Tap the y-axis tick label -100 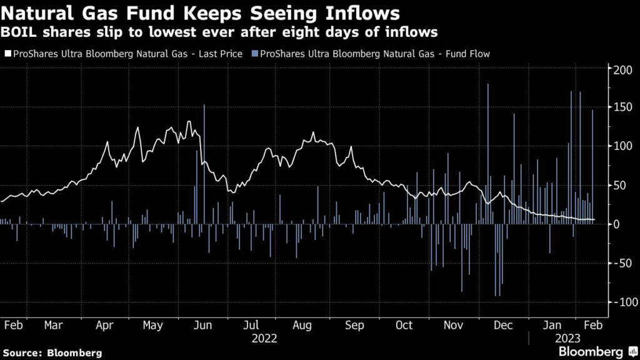[x=621, y=302]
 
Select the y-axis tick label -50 [x=622, y=263]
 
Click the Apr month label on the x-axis [x=104, y=326]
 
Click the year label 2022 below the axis [x=264, y=338]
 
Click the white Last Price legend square [x=7, y=54]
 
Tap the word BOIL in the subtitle [x=19, y=31]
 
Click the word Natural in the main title [x=37, y=12]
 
